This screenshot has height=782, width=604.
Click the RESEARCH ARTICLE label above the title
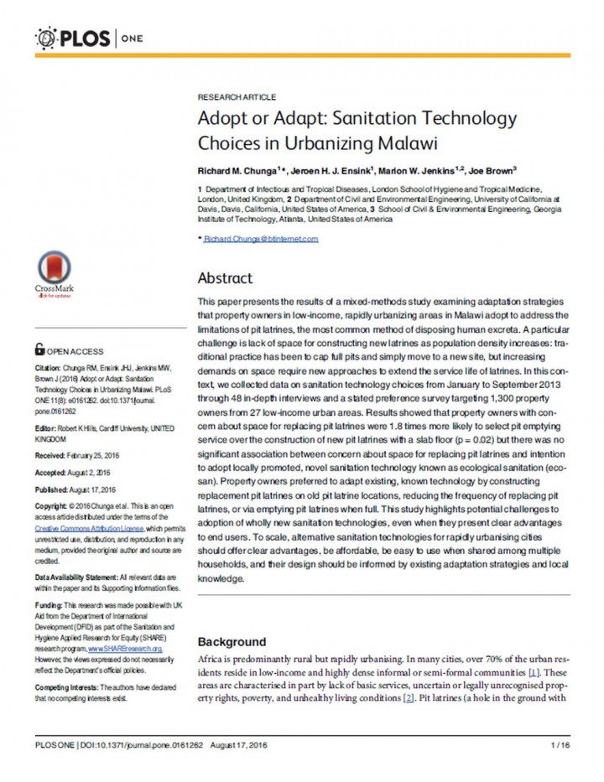point(237,97)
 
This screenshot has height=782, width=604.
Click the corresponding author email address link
point(261,239)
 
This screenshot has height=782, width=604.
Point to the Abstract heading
point(225,278)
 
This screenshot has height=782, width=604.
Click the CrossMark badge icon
point(54,273)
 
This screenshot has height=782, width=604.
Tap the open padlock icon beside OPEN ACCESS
point(39,350)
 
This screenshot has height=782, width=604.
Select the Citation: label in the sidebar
point(49,369)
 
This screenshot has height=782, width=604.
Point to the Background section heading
point(232,642)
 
